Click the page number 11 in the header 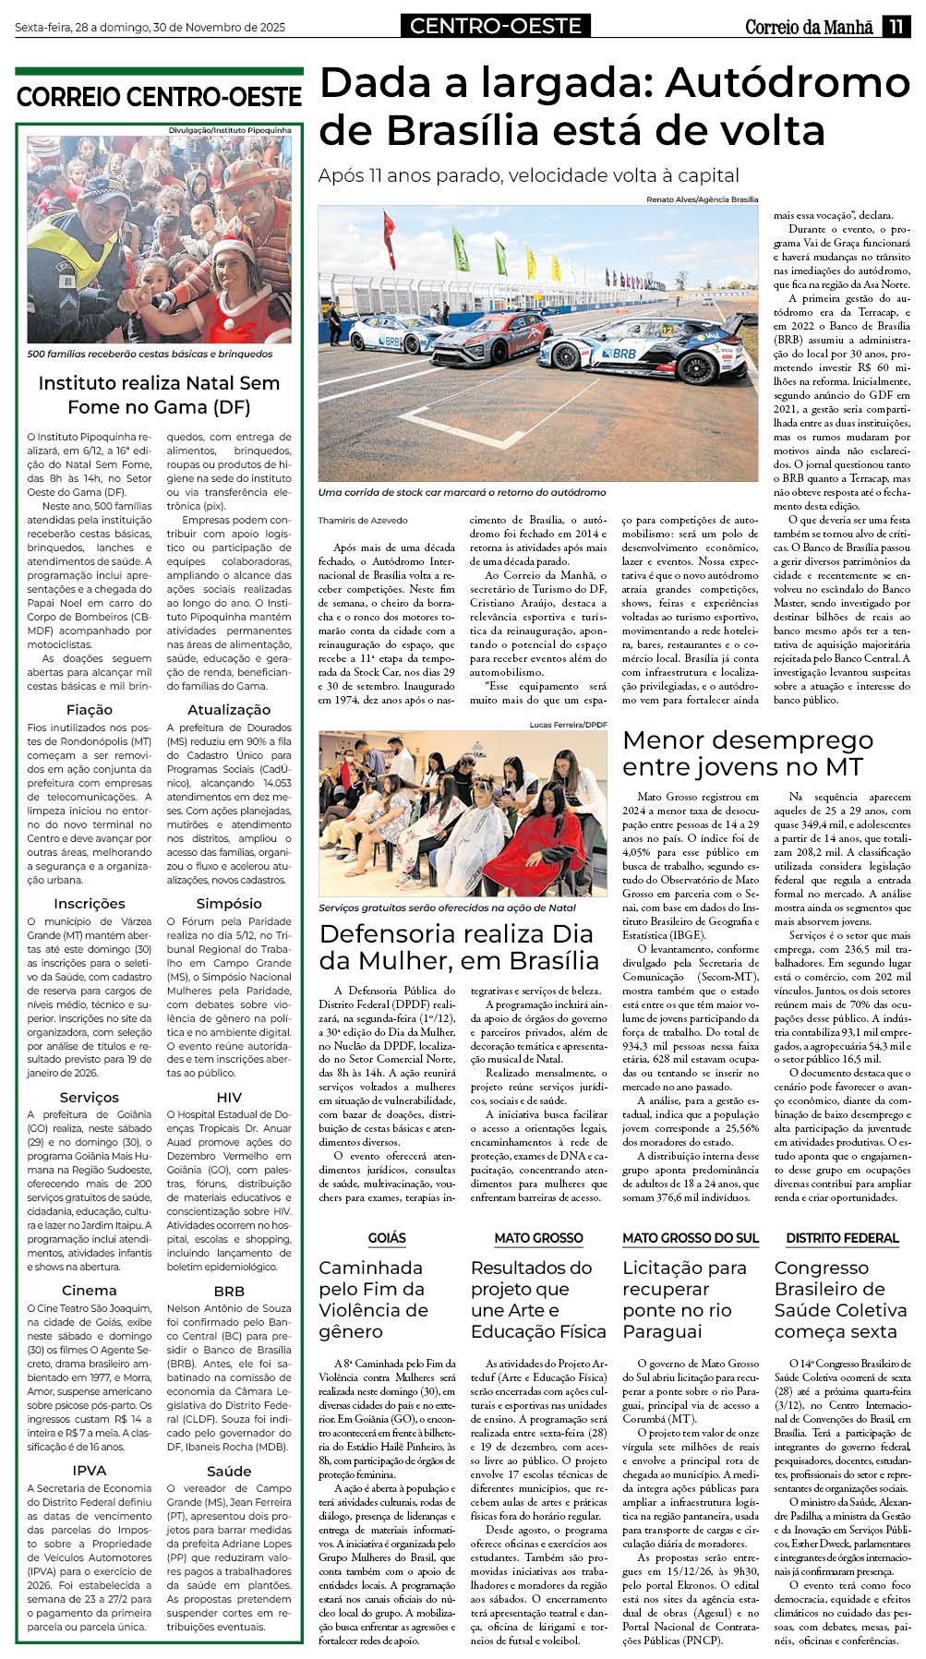[896, 27]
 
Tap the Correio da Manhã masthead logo [809, 27]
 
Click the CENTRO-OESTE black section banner [496, 26]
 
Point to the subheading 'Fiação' [90, 709]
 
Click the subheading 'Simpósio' [229, 903]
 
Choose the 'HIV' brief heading [229, 1097]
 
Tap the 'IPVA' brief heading [90, 1470]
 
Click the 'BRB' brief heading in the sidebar [229, 1291]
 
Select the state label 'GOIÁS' [387, 1237]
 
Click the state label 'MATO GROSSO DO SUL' [690, 1237]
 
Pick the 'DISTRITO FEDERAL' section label [842, 1237]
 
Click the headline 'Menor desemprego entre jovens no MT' [748, 753]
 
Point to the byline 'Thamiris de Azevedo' [363, 520]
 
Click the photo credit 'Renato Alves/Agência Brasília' [702, 199]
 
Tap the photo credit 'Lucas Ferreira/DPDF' [569, 725]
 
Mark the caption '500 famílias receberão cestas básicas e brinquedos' [150, 354]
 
